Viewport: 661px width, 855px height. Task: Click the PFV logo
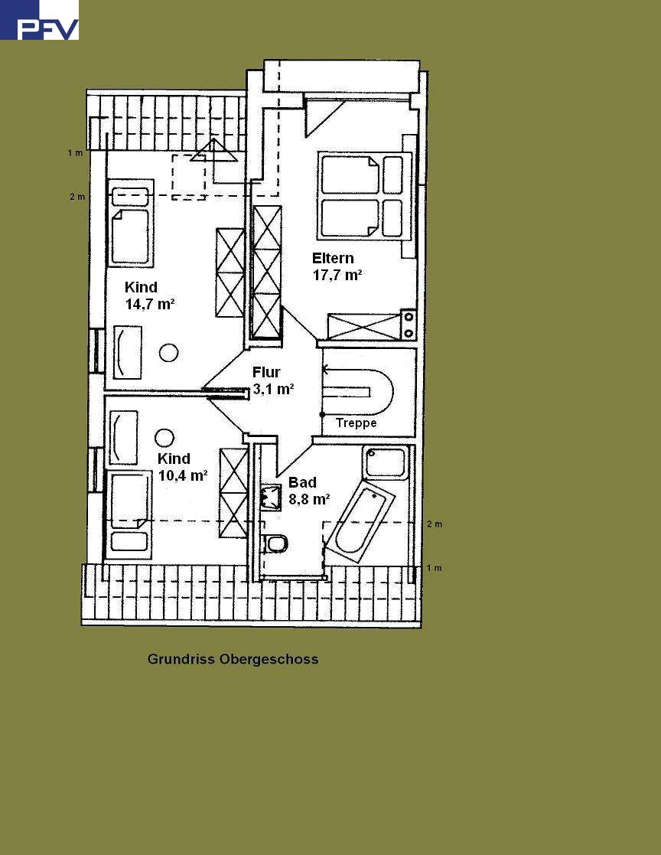39,21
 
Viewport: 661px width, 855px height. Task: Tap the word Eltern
333,258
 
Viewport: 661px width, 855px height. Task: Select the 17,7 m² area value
337,276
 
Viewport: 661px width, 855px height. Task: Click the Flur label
266,372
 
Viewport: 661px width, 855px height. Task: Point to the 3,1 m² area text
273,389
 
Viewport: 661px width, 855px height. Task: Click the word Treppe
356,423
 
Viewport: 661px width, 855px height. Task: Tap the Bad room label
302,482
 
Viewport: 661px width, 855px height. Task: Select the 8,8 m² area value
308,499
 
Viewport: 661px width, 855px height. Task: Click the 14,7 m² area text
150,304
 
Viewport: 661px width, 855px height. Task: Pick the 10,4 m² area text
183,475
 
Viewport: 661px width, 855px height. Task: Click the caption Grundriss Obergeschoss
233,659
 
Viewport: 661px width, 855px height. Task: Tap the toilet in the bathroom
275,543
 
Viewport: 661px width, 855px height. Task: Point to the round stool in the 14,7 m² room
168,353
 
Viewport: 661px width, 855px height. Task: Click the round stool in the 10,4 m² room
164,438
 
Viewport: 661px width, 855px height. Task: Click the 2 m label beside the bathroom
434,524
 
